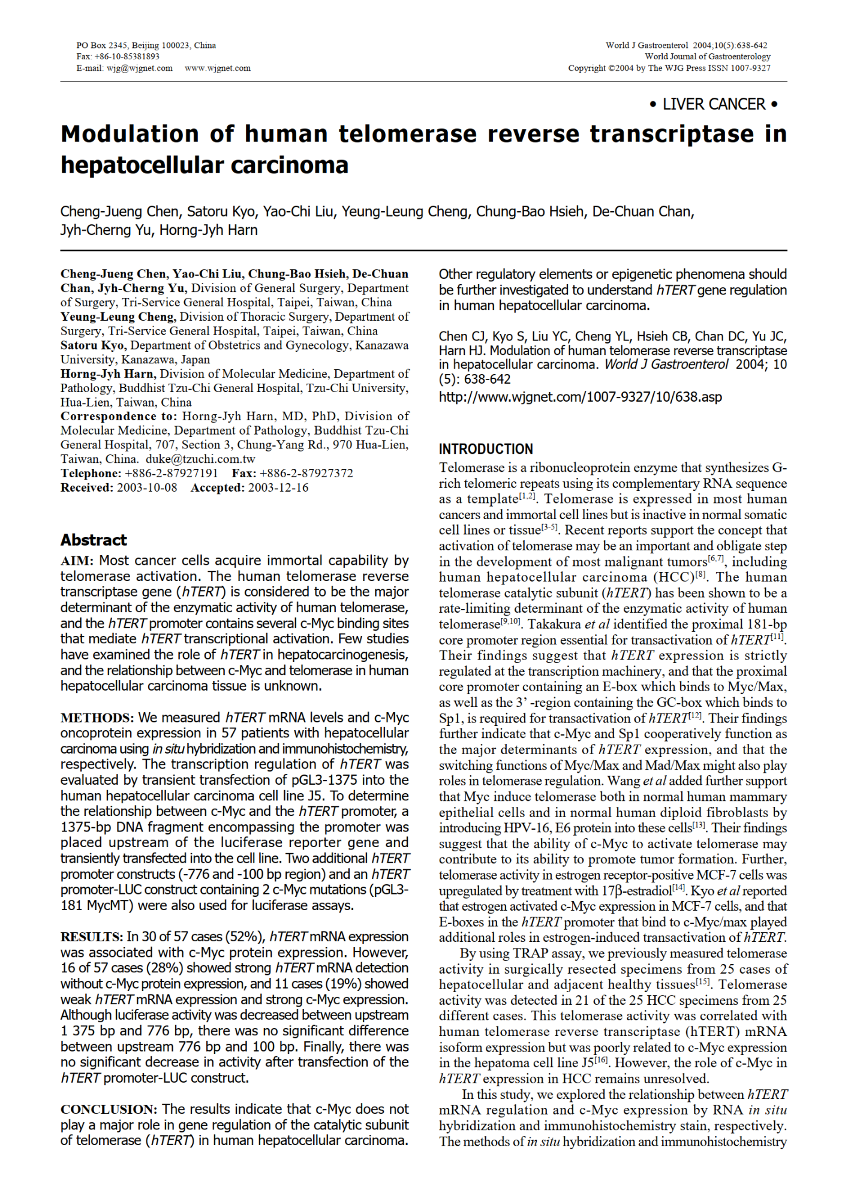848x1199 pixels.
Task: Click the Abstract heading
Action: (x=94, y=540)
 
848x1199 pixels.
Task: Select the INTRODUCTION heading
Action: (x=486, y=449)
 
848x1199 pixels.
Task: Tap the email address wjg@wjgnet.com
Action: (x=140, y=68)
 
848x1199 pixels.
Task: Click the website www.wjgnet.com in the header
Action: (x=218, y=68)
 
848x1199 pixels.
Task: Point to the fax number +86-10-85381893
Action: (x=127, y=56)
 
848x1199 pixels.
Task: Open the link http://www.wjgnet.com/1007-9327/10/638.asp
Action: (x=580, y=397)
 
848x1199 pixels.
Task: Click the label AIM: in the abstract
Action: (x=77, y=561)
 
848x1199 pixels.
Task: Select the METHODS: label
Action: (x=97, y=718)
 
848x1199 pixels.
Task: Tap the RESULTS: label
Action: (x=92, y=937)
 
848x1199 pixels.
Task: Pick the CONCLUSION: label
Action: (x=109, y=1110)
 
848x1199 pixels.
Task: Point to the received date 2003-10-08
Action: (x=147, y=488)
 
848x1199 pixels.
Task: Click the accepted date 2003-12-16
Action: (x=278, y=488)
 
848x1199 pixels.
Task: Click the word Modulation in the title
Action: (x=130, y=134)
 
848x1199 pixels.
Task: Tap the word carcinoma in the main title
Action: (x=289, y=165)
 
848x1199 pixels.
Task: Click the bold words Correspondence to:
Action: (x=119, y=417)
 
